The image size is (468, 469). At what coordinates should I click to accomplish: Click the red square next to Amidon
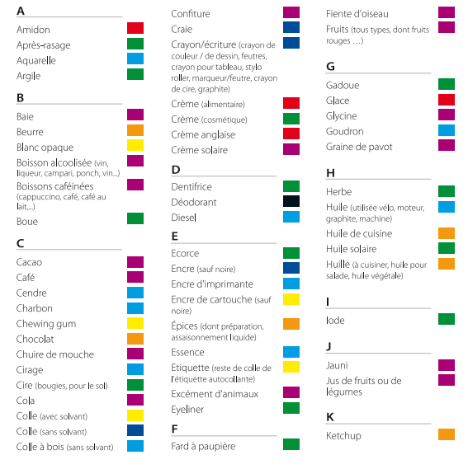pyautogui.click(x=135, y=28)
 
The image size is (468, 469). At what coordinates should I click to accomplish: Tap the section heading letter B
pyautogui.click(x=20, y=98)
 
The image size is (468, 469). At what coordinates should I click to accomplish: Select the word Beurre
pyautogui.click(x=30, y=132)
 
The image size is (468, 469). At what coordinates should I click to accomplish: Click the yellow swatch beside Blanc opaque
pyautogui.click(x=135, y=145)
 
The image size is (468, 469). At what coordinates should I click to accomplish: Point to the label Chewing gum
pyautogui.click(x=46, y=324)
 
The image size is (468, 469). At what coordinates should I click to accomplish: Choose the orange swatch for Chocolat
pyautogui.click(x=135, y=339)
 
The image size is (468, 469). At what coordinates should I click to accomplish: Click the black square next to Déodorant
pyautogui.click(x=291, y=201)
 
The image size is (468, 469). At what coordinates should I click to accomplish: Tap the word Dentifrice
pyautogui.click(x=191, y=187)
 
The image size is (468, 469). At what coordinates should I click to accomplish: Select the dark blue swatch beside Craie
pyautogui.click(x=291, y=27)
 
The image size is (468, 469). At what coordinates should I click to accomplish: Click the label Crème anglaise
pyautogui.click(x=203, y=135)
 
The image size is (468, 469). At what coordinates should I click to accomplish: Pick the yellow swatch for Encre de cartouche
pyautogui.click(x=291, y=299)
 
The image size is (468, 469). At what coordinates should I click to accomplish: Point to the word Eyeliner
pyautogui.click(x=187, y=410)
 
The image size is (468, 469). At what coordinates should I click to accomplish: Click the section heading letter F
pyautogui.click(x=174, y=429)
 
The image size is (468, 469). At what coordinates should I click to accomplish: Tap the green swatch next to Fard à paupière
pyautogui.click(x=291, y=444)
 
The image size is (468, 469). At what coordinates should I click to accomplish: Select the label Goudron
pyautogui.click(x=344, y=132)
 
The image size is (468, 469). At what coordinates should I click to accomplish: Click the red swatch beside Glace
pyautogui.click(x=447, y=100)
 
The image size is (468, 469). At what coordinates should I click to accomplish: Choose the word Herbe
pyautogui.click(x=339, y=192)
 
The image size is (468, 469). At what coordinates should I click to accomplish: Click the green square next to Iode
pyautogui.click(x=447, y=319)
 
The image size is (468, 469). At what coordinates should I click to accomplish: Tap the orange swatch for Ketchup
pyautogui.click(x=447, y=434)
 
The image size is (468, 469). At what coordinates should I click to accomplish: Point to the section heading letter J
pyautogui.click(x=329, y=346)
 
